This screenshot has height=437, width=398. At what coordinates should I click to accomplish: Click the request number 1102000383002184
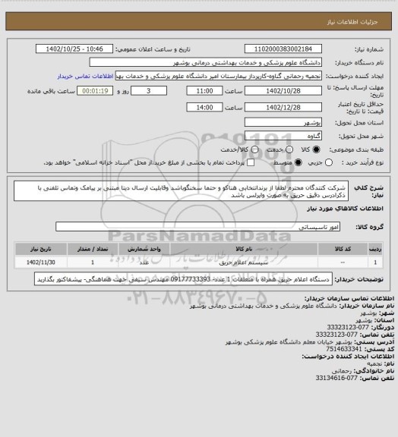(x=281, y=49)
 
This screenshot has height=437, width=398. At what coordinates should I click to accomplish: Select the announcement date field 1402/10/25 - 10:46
(x=81, y=49)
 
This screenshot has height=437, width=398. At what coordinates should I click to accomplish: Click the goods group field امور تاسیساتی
(x=197, y=226)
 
